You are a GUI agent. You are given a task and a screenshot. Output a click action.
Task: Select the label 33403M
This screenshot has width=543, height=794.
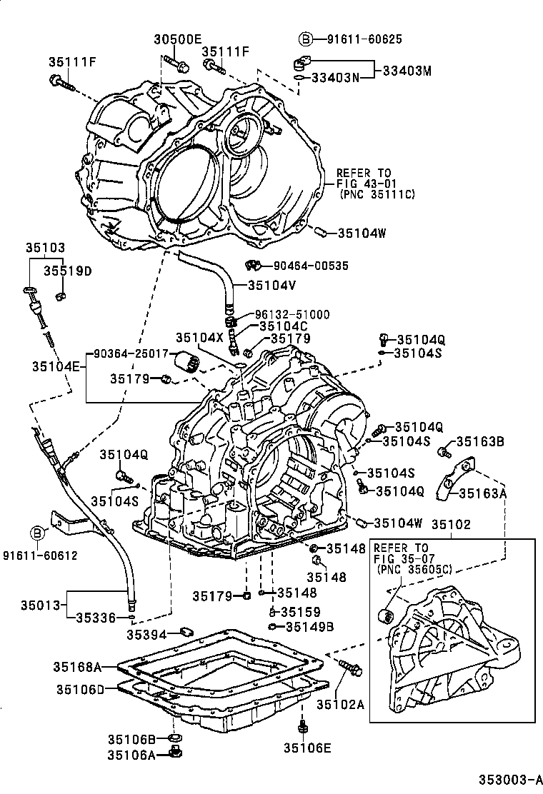[407, 71]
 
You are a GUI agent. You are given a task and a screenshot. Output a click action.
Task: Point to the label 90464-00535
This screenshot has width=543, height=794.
[312, 266]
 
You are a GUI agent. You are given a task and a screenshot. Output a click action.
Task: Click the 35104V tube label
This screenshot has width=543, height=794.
[271, 285]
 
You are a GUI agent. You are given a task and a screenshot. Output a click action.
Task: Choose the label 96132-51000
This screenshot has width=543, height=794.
[294, 314]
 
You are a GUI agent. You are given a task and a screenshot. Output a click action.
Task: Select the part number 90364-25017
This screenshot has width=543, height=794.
[131, 353]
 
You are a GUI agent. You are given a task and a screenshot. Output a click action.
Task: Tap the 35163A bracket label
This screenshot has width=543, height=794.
[482, 493]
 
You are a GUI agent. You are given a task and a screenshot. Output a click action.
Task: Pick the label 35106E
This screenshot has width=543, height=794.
[307, 748]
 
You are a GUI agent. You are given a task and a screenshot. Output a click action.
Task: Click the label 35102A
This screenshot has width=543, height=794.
[340, 705]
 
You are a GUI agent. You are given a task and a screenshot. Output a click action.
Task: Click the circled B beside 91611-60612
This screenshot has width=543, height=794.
[36, 533]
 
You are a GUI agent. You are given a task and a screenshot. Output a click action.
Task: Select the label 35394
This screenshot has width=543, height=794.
[146, 634]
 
